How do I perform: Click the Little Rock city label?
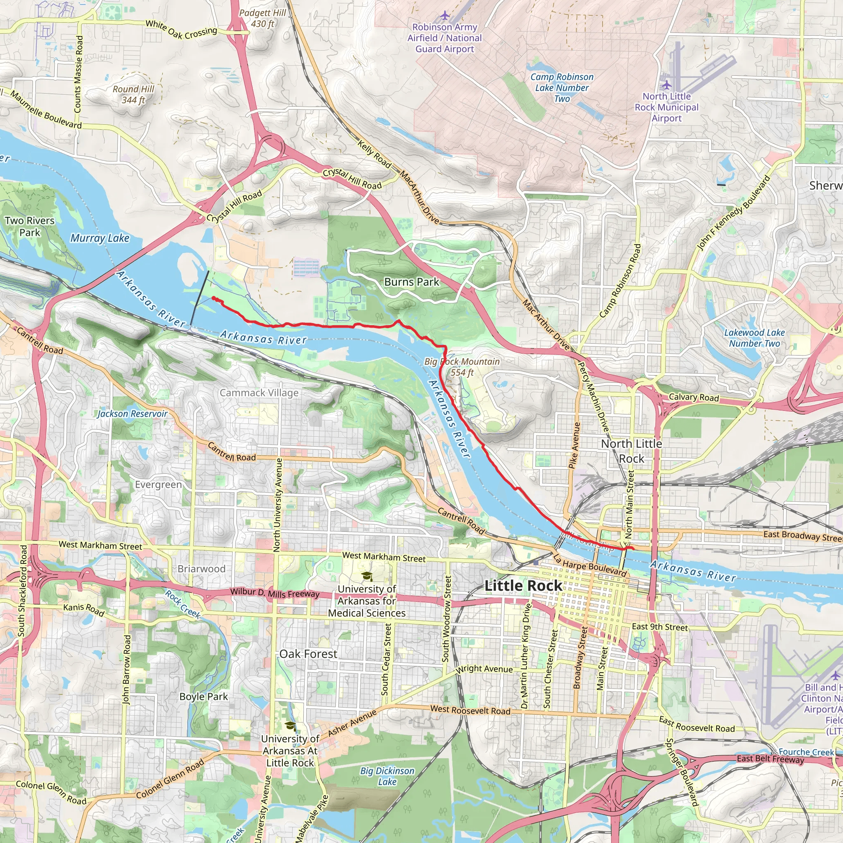point(523,586)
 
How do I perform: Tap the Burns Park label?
point(412,282)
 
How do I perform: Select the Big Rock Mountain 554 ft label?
point(462,367)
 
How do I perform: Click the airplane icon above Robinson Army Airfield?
point(445,16)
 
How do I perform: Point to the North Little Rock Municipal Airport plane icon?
point(666,85)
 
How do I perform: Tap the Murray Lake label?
point(100,238)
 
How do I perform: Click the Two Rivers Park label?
point(30,226)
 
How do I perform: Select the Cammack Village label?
point(259,393)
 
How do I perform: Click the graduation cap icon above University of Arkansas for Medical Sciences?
point(367,576)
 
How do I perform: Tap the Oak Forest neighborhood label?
point(308,654)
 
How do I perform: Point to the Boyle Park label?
point(204,696)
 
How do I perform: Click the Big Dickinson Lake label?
point(387,776)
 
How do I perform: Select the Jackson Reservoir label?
point(132,414)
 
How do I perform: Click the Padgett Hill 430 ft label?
point(262,19)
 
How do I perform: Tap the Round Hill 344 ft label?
point(133,94)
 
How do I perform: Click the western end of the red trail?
point(213,298)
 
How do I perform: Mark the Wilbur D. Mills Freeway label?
point(275,593)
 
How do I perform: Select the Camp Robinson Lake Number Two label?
point(561,88)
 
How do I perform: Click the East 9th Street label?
point(660,627)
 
